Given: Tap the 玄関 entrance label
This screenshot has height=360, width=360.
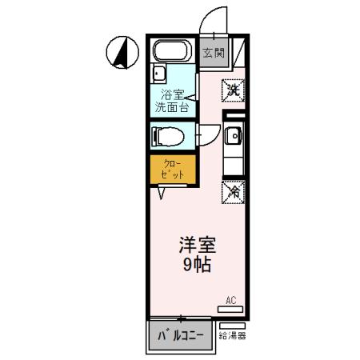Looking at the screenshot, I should coord(212,54).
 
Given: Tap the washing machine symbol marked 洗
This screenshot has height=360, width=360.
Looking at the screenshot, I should coord(234,90).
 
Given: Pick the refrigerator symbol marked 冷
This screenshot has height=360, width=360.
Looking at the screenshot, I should coord(234,192).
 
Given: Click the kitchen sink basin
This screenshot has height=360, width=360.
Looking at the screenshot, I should coord(234,136).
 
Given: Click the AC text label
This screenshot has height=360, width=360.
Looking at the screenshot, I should coord(230,300).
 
